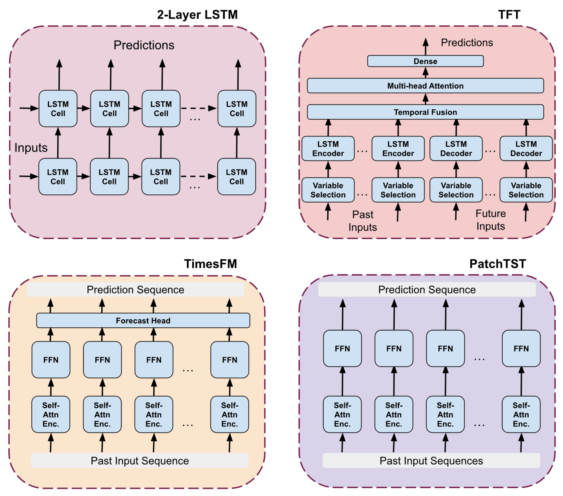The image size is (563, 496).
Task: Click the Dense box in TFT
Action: [x=425, y=61]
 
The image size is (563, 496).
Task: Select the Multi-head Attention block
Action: [x=425, y=86]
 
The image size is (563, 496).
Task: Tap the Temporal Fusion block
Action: [x=425, y=112]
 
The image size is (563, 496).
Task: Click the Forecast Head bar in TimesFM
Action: [x=143, y=320]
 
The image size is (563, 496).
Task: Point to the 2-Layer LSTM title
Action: [x=197, y=15]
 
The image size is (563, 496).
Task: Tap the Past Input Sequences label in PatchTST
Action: [x=431, y=461]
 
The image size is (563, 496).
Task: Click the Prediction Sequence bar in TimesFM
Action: [x=135, y=290]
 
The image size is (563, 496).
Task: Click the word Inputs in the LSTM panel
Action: [x=31, y=147]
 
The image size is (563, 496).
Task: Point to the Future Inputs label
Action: [x=490, y=220]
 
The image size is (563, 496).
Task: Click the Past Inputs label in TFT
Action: [x=363, y=221]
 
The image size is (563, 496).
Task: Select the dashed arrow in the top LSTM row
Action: [x=198, y=108]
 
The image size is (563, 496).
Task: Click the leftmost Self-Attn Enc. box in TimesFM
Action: [x=51, y=414]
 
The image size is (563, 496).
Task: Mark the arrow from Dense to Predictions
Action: [x=426, y=47]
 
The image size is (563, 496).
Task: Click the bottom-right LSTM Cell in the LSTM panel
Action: [x=236, y=176]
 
